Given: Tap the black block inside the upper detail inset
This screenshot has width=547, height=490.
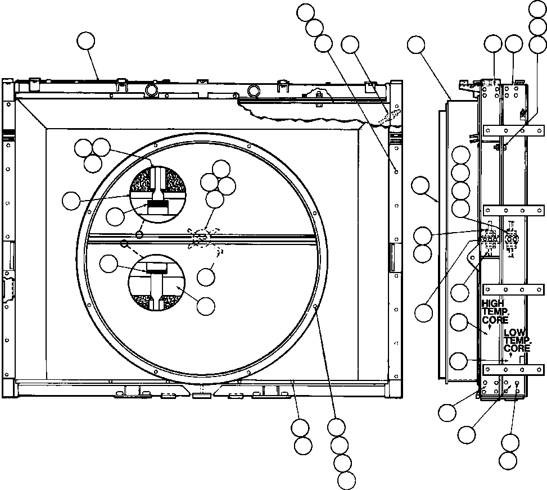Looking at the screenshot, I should coord(158,206).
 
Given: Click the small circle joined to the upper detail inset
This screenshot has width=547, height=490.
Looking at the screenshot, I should coord(140,233).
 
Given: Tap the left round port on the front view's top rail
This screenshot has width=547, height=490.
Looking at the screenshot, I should coord(151,90).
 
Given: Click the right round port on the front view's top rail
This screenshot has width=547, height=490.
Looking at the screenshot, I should coord(254,90).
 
